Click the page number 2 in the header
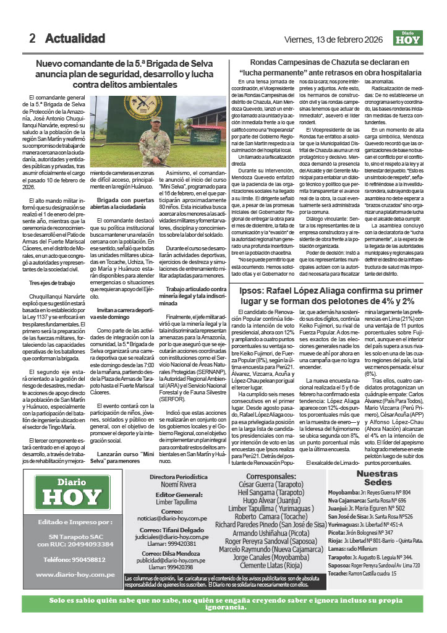(32, 38)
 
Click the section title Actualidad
(75, 38)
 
